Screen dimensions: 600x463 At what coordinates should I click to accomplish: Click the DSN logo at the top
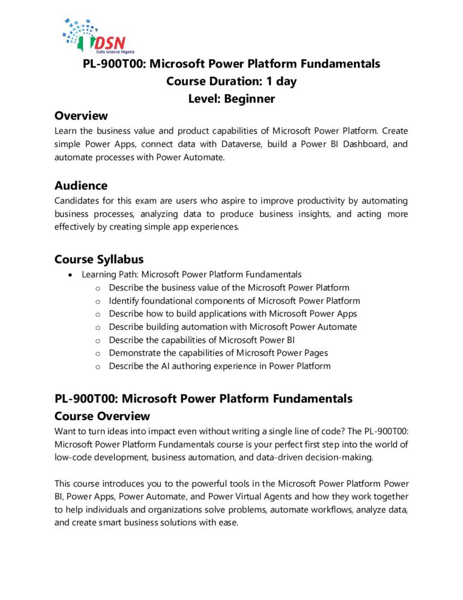coord(94,36)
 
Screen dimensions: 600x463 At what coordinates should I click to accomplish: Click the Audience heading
coord(81,186)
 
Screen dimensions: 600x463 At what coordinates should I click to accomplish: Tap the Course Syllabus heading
coord(99,259)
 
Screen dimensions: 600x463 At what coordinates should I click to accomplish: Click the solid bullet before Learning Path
coord(71,275)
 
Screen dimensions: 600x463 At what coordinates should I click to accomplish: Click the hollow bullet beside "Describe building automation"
coord(97,327)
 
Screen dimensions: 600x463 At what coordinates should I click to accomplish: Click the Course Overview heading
coord(102,416)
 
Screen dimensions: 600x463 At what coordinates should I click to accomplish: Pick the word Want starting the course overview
coord(64,432)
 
